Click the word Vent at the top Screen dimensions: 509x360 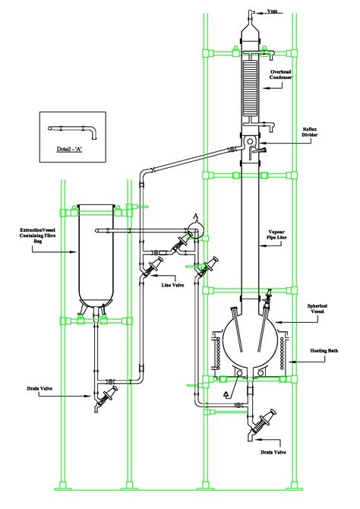276,11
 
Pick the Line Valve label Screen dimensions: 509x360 172,285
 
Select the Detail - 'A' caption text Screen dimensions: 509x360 71,150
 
